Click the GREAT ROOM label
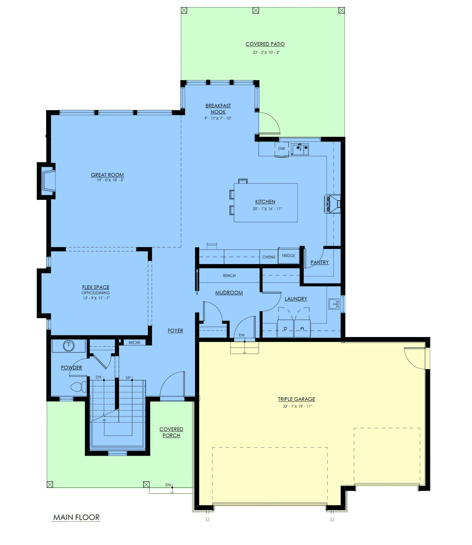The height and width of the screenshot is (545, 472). click(107, 175)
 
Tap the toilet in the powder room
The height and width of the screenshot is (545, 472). click(78, 387)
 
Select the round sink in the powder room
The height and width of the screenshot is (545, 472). click(68, 346)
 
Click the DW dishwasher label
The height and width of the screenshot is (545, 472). click(282, 149)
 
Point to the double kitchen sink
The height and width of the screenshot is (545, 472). click(300, 149)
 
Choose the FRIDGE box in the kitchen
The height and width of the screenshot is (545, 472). click(289, 256)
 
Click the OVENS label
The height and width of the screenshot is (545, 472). click(269, 257)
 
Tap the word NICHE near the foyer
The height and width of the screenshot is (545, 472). click(135, 342)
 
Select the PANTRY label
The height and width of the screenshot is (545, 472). click(320, 262)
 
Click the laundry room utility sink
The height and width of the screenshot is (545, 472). click(334, 304)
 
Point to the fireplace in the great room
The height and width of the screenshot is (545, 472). click(47, 181)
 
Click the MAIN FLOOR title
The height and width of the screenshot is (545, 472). click(76, 517)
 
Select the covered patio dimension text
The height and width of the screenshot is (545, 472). click(266, 52)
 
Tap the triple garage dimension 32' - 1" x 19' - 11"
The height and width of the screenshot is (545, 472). click(297, 406)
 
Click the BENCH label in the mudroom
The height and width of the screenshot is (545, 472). click(229, 276)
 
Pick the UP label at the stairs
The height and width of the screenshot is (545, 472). click(128, 377)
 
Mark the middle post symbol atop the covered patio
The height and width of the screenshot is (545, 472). click(256, 10)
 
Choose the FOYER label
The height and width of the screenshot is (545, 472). click(175, 331)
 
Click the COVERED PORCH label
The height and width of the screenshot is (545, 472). click(171, 432)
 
